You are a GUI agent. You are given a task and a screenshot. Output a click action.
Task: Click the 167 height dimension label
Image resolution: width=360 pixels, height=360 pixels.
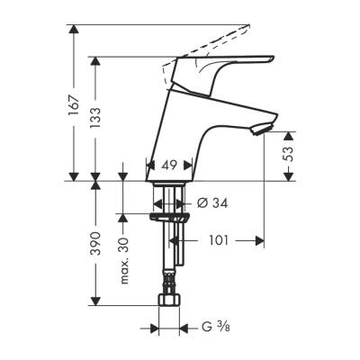point(73,106)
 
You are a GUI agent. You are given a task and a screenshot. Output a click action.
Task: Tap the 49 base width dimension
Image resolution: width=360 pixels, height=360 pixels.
point(167,166)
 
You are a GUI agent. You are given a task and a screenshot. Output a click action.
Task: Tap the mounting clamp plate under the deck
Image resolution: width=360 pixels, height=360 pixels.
point(166,216)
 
